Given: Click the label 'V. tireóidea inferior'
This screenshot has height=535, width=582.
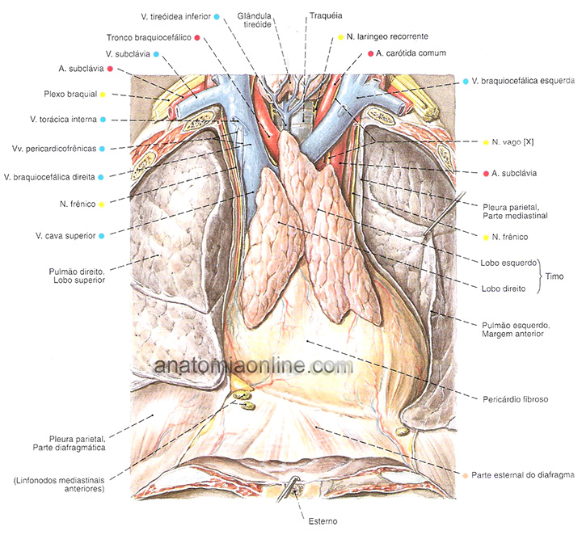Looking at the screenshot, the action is pyautogui.click(x=165, y=16).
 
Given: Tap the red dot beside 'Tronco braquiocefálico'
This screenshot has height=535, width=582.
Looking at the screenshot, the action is pyautogui.click(x=196, y=37).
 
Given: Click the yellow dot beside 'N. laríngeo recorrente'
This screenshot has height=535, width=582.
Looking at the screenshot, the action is pyautogui.click(x=340, y=37).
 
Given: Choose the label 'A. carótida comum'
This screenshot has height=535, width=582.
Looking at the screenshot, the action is pyautogui.click(x=412, y=53).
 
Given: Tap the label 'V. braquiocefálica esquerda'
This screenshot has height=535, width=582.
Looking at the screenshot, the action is pyautogui.click(x=523, y=81).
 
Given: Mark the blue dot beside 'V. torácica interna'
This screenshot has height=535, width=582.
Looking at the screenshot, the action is pyautogui.click(x=103, y=120).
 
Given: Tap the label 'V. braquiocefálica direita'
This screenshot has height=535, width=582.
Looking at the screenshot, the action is pyautogui.click(x=50, y=176).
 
